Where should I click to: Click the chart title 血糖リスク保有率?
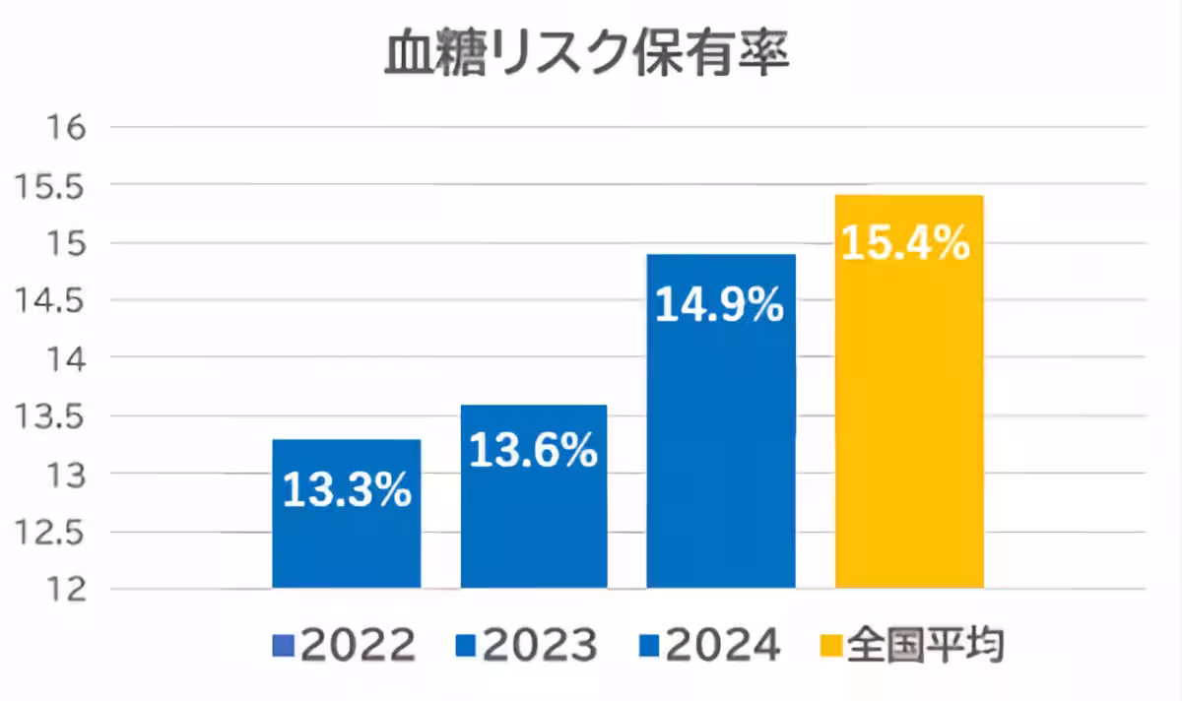click(x=587, y=56)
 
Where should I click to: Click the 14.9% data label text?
click(x=721, y=307)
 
